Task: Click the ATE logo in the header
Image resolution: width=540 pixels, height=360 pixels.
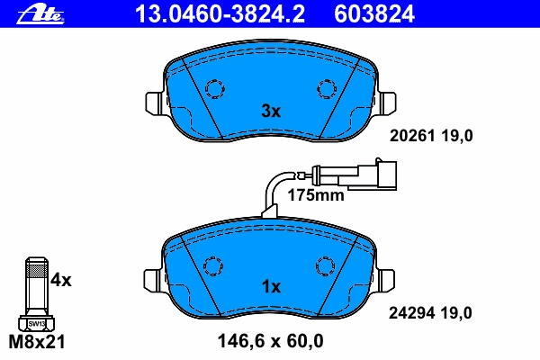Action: pyautogui.click(x=40, y=14)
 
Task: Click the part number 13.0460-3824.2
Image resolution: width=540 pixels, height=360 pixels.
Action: pyautogui.click(x=220, y=14)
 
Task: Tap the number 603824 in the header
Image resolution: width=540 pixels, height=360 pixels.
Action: pyautogui.click(x=374, y=14)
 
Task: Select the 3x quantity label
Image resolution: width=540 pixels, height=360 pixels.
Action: pyautogui.click(x=271, y=111)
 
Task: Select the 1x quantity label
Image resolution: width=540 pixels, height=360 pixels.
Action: pyautogui.click(x=271, y=286)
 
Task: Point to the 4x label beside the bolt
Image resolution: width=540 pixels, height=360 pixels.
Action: pyautogui.click(x=61, y=280)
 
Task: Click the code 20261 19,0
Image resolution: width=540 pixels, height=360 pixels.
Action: pyautogui.click(x=431, y=136)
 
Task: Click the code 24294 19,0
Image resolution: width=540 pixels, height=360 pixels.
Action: pyautogui.click(x=430, y=313)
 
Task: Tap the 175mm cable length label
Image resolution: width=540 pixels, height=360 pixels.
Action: pyautogui.click(x=316, y=195)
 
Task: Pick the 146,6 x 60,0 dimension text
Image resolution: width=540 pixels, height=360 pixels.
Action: pyautogui.click(x=271, y=341)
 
